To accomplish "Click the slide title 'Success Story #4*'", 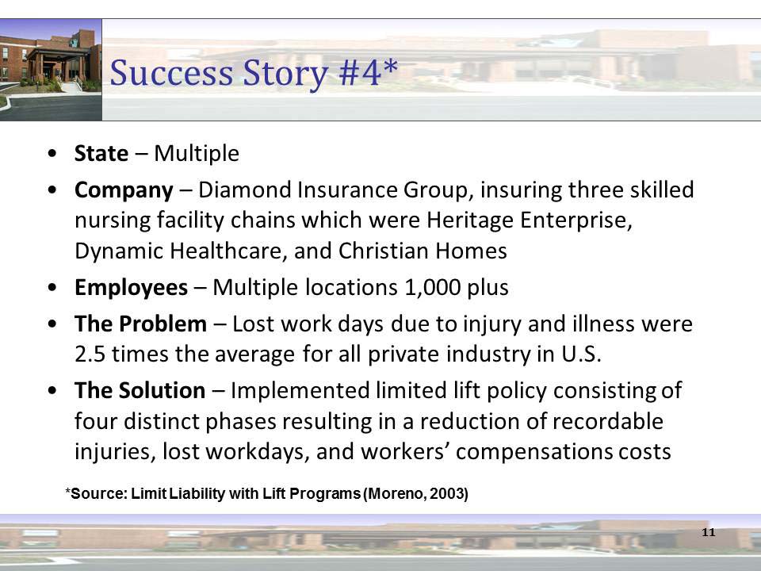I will [x=254, y=74].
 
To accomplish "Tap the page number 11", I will [x=708, y=532].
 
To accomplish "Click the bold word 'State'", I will [x=101, y=153].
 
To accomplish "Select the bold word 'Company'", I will [x=123, y=190].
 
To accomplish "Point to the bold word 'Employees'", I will [x=131, y=287].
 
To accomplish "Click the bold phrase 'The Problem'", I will [x=140, y=324].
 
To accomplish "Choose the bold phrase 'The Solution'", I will [x=140, y=390].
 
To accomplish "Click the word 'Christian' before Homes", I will [x=379, y=251].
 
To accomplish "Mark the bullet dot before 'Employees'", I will [x=52, y=288].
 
